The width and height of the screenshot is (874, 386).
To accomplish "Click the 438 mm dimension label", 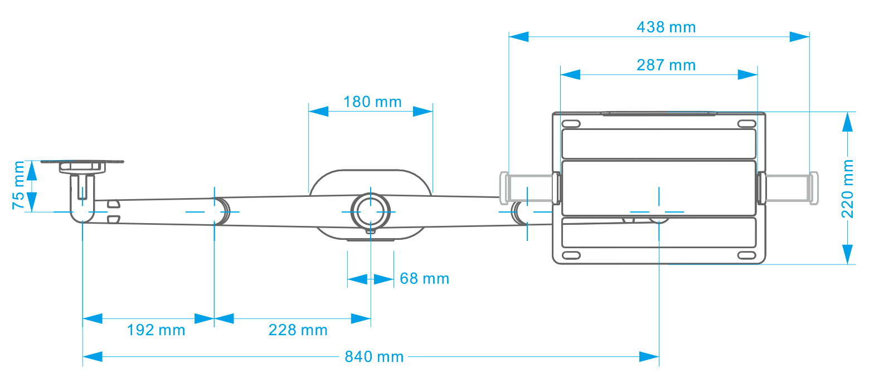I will [666, 27].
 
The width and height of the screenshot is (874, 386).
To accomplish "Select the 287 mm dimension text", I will [666, 65].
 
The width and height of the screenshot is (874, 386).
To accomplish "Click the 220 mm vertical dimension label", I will [848, 188].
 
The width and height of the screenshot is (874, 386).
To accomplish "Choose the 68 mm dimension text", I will [424, 278].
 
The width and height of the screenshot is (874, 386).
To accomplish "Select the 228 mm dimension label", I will [298, 330].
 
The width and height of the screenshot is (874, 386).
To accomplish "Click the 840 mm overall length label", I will [374, 356].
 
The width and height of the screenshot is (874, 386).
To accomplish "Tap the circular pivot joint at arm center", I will [370, 213].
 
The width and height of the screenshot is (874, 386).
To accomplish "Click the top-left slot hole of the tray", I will [570, 124].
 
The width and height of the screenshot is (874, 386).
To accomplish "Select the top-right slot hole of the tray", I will [745, 124].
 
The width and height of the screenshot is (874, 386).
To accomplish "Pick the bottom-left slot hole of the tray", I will [570, 255].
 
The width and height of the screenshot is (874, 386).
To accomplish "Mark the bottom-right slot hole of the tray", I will [745, 255].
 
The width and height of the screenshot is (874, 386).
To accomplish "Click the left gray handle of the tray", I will [529, 187].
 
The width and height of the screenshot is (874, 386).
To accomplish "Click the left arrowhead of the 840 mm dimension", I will [93, 356].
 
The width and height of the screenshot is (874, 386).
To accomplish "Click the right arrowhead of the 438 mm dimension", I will [799, 37].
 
